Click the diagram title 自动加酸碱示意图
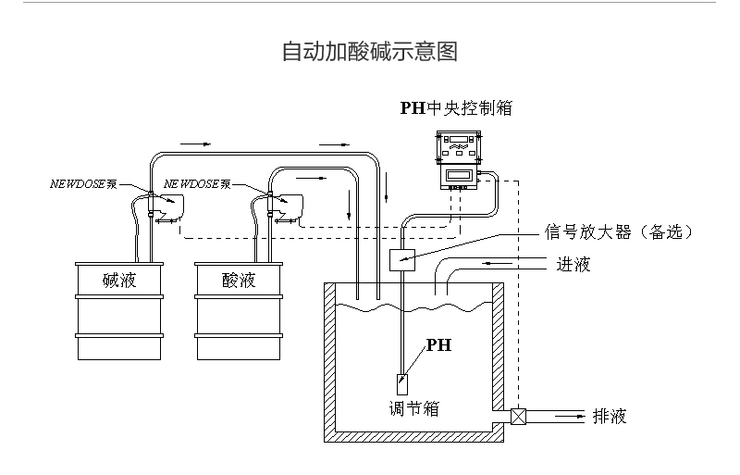(369, 52)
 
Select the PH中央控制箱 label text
(455, 108)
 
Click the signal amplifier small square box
(402, 260)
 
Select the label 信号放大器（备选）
(619, 231)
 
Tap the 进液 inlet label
(573, 265)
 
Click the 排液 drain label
(610, 417)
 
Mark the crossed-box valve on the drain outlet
(518, 417)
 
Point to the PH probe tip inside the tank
(402, 381)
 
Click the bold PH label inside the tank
(438, 345)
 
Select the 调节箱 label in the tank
(413, 407)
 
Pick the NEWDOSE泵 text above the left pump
(83, 184)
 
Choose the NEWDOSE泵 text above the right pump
(197, 184)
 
